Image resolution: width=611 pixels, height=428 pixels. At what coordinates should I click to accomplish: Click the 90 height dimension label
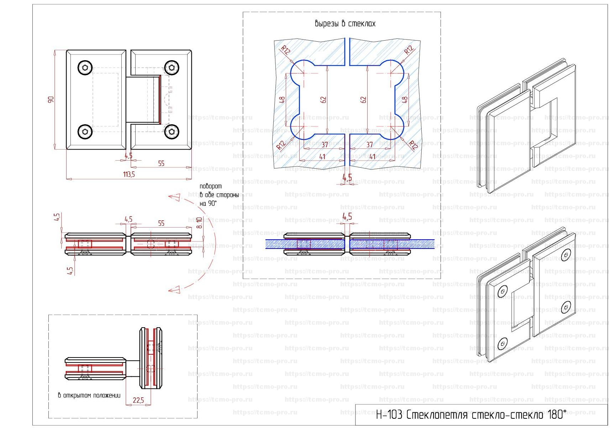[x=51, y=100]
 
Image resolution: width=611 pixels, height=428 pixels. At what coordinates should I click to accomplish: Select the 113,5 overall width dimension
[x=129, y=174]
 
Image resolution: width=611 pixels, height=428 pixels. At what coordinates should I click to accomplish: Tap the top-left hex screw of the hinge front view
[x=85, y=68]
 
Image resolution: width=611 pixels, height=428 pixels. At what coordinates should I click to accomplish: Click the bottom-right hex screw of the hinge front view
[x=172, y=132]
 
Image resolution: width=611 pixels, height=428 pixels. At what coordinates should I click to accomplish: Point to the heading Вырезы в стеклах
[x=345, y=24]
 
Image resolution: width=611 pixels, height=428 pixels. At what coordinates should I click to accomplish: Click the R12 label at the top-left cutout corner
[x=285, y=49]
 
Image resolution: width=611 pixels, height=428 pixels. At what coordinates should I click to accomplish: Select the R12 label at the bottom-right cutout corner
[x=413, y=145]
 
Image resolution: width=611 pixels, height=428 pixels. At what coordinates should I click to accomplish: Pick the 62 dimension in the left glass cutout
[x=323, y=100]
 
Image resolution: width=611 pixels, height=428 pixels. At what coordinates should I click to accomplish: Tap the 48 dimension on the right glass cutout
[x=405, y=100]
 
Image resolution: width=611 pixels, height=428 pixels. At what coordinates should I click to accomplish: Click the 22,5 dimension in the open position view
[x=138, y=400]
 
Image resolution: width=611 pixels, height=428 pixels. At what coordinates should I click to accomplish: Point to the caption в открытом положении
[x=89, y=395]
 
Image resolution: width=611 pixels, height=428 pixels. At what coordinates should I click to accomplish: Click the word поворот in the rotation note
[x=210, y=186]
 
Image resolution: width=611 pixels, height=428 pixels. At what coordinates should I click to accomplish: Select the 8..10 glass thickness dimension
[x=200, y=223]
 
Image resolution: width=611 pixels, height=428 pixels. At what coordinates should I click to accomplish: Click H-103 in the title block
[x=389, y=415]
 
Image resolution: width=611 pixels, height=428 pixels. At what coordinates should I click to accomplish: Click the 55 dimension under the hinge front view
[x=161, y=163]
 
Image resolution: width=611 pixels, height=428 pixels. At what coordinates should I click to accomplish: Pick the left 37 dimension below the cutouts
[x=325, y=145]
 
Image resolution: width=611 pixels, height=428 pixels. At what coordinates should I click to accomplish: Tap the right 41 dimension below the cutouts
[x=373, y=157]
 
